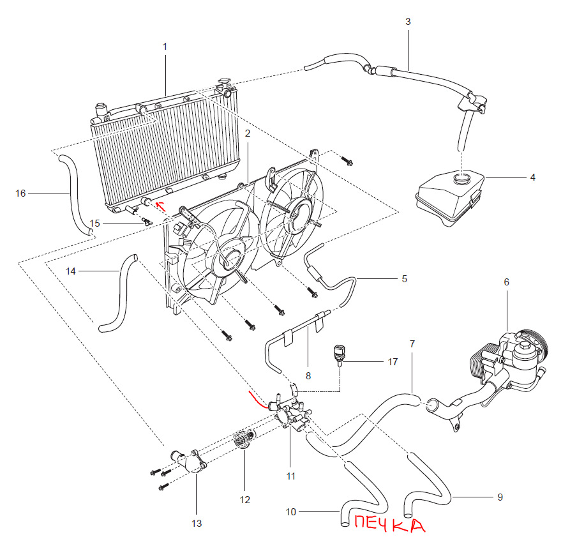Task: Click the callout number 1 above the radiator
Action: [165, 47]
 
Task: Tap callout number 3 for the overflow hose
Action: [408, 21]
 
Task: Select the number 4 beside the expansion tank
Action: [532, 177]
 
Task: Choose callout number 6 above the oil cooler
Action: [506, 282]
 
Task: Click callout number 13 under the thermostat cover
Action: [196, 524]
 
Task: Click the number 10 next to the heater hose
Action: [290, 512]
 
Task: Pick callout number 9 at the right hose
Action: [500, 496]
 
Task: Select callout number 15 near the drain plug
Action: [95, 223]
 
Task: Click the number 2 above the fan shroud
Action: [247, 133]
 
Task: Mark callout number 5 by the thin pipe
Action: [404, 278]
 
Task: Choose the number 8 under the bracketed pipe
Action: [308, 376]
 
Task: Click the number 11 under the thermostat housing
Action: [290, 476]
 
